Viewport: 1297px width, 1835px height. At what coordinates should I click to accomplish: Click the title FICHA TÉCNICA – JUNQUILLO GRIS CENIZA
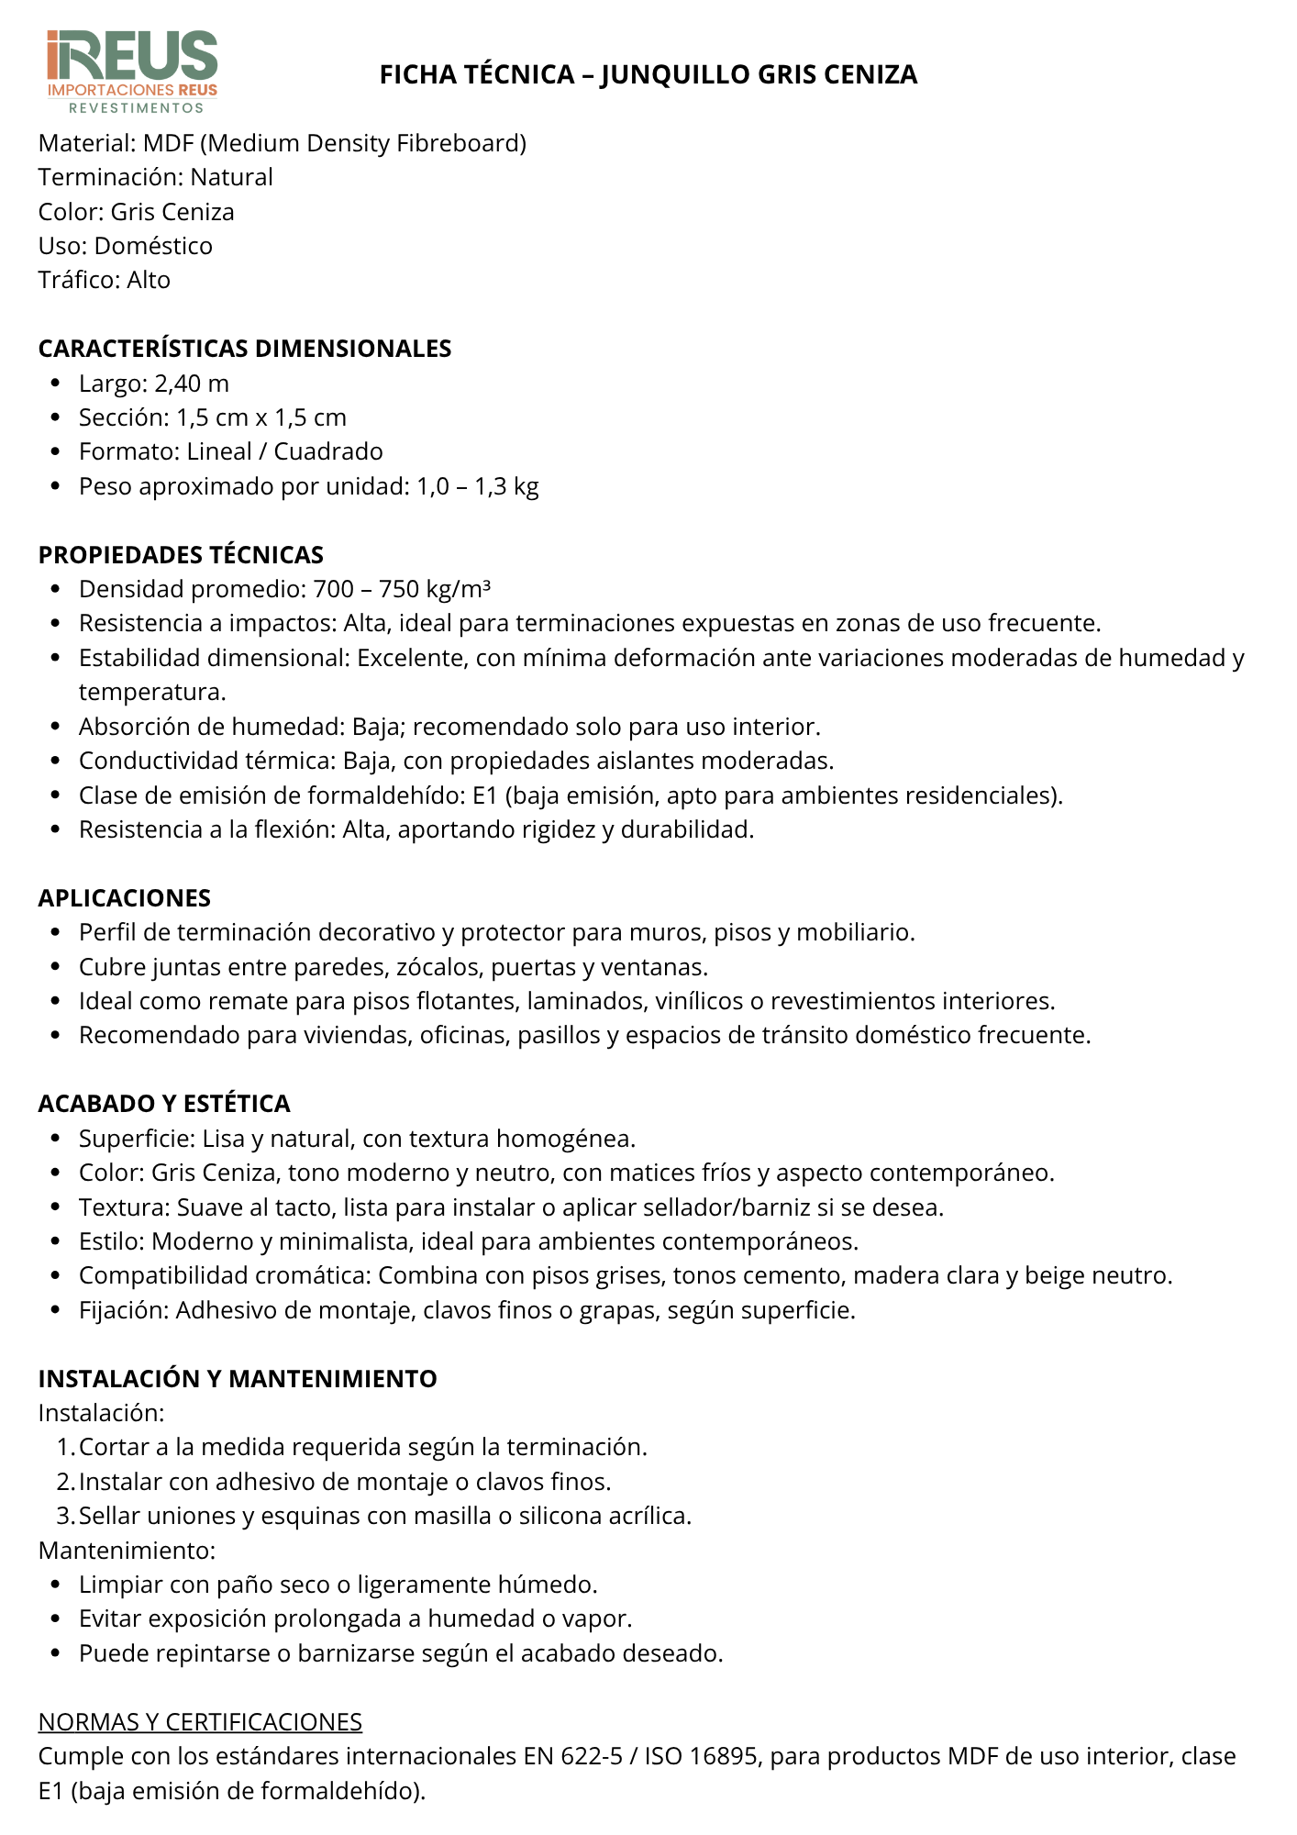648,74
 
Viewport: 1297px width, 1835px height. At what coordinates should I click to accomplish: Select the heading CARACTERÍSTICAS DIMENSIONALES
245,349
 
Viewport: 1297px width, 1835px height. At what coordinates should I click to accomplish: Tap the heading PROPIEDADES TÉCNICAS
181,555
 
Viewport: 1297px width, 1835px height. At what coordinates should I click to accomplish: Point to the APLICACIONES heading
125,898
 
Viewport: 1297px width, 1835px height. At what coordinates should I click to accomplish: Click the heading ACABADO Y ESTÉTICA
164,1104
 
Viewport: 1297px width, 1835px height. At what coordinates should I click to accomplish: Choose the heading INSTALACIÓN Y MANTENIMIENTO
238,1379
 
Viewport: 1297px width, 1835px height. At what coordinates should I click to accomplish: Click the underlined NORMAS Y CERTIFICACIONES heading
200,1722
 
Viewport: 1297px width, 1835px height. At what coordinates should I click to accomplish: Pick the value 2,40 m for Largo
192,384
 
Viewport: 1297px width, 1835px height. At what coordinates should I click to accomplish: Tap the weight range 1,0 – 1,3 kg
478,486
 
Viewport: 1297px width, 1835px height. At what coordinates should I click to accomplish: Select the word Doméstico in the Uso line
153,246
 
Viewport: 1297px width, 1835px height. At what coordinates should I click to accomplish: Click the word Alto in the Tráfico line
149,280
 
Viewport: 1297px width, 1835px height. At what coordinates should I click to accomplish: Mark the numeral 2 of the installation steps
64,1482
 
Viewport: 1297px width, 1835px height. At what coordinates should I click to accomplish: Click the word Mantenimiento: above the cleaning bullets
127,1551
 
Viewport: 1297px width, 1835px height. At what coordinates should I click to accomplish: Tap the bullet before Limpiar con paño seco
57,1585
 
